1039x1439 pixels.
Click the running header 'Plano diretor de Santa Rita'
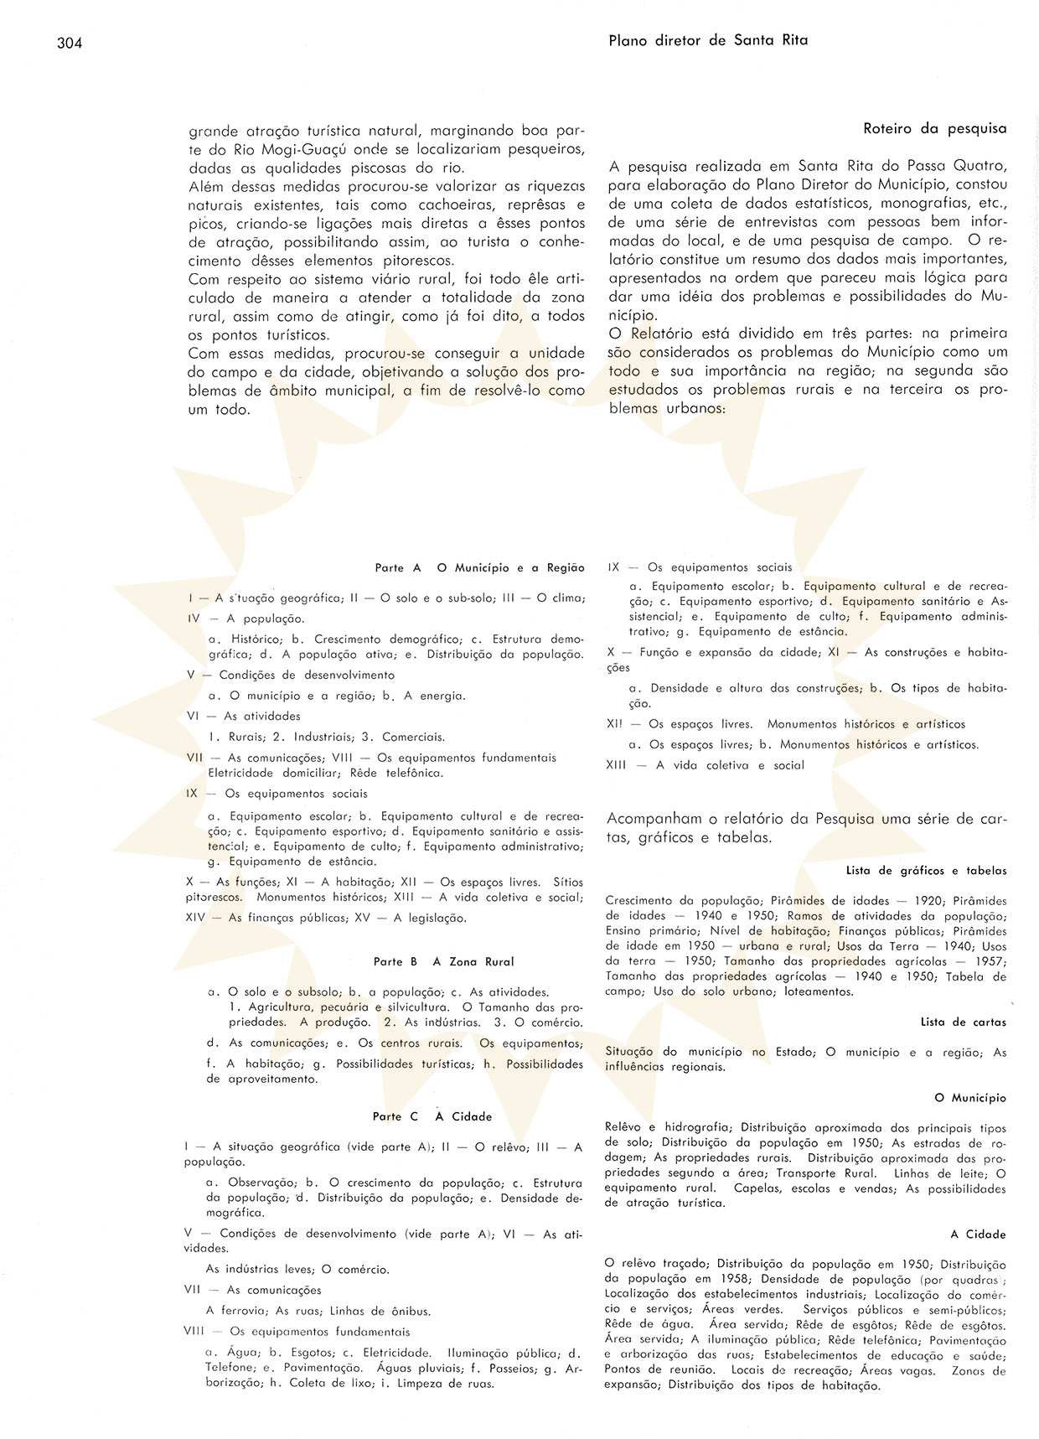708,39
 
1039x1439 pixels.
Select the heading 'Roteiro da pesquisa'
934,129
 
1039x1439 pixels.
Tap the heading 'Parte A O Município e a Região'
479,568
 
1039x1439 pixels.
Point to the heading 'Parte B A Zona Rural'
443,962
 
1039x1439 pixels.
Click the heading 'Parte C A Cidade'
432,1116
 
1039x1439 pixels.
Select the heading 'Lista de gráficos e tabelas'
926,871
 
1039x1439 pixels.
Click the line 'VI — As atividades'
243,717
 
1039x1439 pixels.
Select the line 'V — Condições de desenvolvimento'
290,675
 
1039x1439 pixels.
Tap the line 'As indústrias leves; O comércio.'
297,1270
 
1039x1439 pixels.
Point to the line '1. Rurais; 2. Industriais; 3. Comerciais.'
326,738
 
